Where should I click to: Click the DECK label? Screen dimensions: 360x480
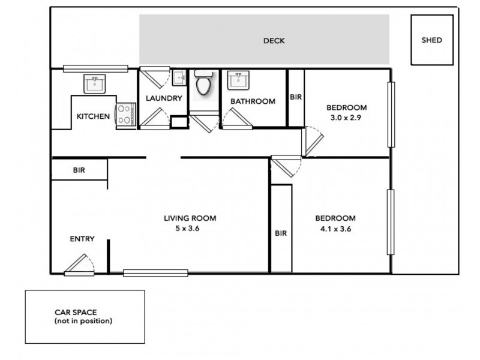[274, 41]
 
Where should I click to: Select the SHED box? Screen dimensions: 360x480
[431, 40]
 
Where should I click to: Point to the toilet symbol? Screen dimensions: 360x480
[203, 83]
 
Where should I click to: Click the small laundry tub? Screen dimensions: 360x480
[178, 78]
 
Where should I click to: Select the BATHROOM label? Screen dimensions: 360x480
[253, 101]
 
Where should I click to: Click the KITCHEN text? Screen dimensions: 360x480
[93, 116]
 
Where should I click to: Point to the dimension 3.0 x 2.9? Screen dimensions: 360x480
[346, 118]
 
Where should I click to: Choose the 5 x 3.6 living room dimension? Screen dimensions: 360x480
[190, 229]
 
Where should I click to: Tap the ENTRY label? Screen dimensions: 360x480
[82, 239]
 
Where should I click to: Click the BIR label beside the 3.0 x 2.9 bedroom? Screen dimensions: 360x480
[296, 97]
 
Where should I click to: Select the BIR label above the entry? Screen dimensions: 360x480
[79, 170]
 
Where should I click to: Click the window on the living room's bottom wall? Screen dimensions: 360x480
[155, 274]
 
